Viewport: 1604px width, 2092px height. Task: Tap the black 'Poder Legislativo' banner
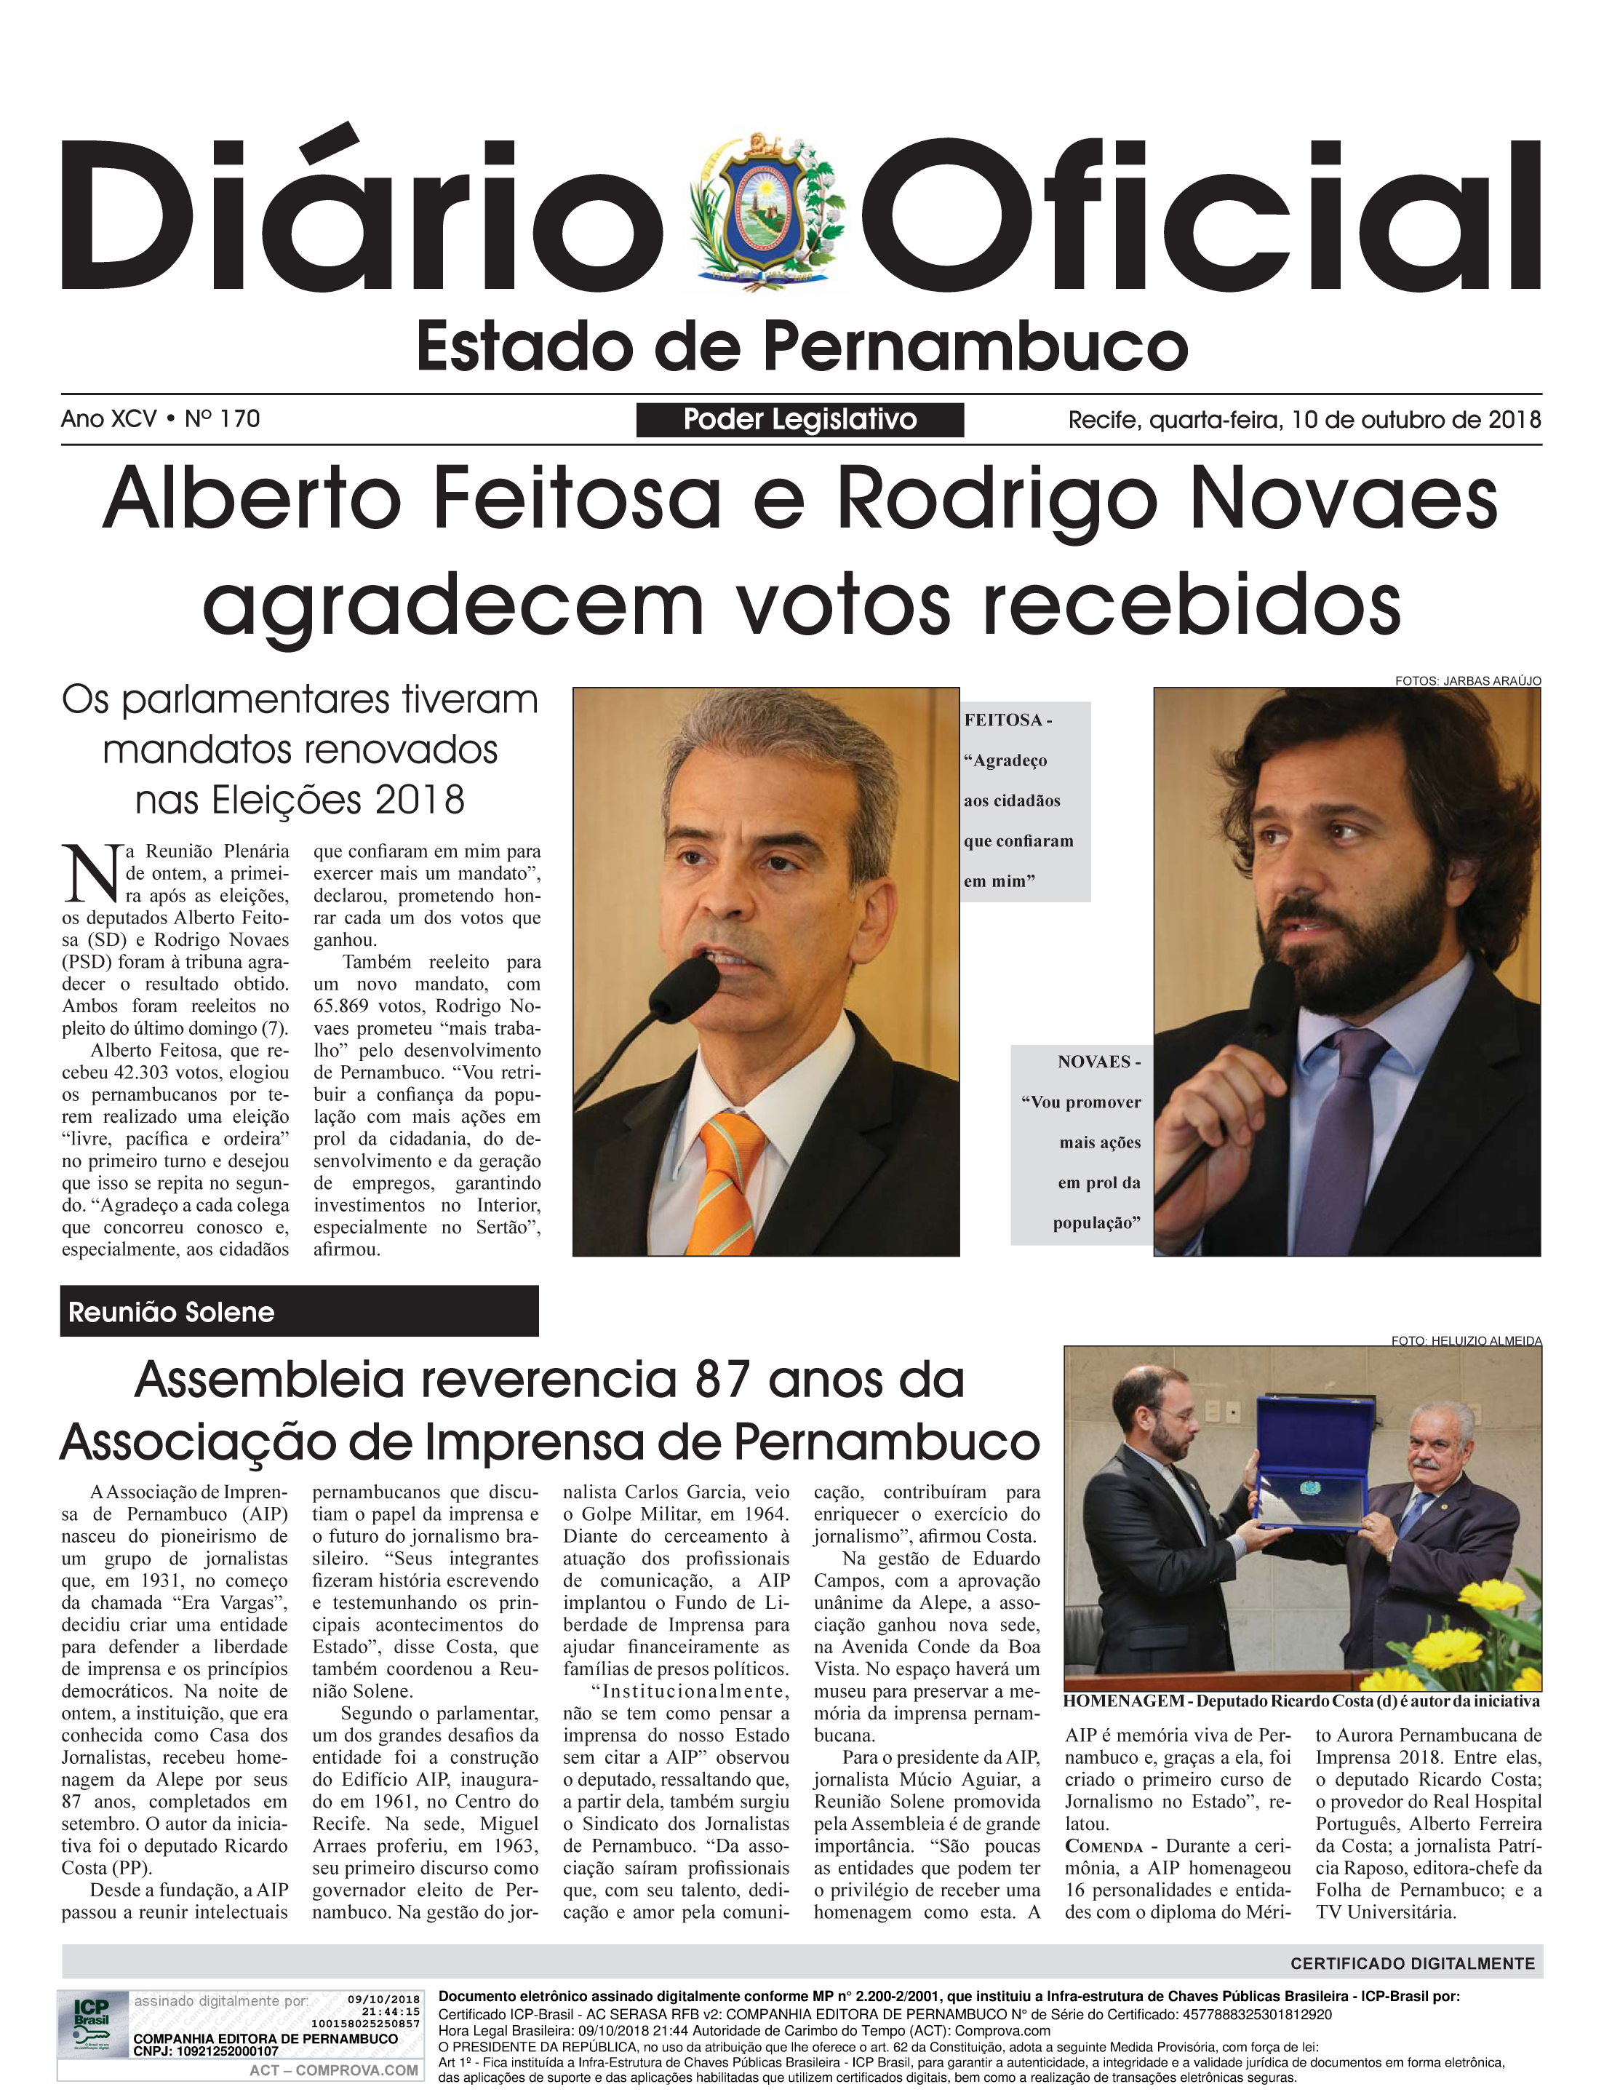(x=799, y=419)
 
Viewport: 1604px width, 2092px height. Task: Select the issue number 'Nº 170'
(x=223, y=419)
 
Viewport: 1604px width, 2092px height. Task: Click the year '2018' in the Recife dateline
(x=1515, y=419)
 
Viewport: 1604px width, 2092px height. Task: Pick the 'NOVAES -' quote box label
(x=1098, y=1061)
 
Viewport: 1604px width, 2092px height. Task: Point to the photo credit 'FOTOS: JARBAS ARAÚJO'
(x=1467, y=681)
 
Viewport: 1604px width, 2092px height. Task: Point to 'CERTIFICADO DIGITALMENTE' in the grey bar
(x=1412, y=1963)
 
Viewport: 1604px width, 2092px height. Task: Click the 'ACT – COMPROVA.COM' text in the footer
(x=333, y=2070)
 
